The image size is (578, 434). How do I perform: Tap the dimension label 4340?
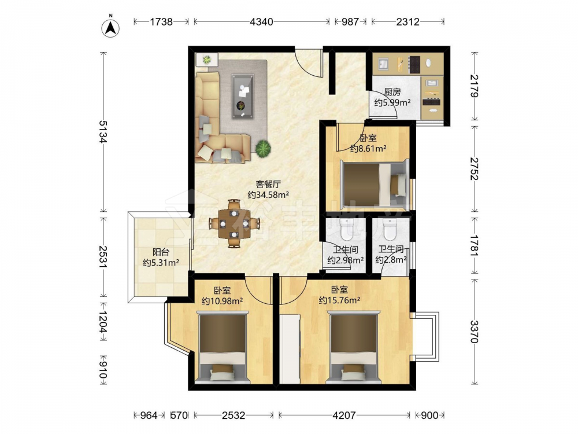[261, 22]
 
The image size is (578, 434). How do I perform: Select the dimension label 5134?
[103, 132]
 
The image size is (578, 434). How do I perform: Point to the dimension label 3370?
[475, 332]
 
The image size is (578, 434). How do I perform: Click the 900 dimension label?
[429, 415]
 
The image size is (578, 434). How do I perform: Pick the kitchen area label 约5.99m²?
[392, 102]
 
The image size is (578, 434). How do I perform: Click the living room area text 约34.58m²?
[268, 195]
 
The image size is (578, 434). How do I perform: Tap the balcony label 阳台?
[161, 252]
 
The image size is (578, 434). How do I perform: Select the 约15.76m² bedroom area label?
[339, 300]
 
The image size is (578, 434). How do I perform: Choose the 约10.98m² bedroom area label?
[222, 301]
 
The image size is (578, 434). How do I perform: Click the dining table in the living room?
[234, 223]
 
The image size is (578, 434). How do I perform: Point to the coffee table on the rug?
[243, 97]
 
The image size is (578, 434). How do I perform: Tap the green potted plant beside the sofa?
[263, 148]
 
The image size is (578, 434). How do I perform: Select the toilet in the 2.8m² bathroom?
[389, 229]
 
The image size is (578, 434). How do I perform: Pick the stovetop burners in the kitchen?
[414, 64]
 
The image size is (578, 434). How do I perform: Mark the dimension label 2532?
[234, 415]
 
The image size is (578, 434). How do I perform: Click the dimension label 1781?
[475, 245]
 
